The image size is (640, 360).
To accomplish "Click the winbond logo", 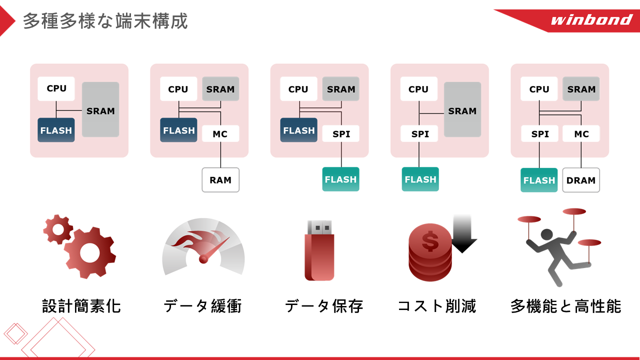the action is point(591,19).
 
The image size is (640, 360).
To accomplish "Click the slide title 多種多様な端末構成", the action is point(105,21).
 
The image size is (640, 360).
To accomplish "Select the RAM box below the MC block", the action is point(220,180).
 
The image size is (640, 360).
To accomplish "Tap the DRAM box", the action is point(581,180).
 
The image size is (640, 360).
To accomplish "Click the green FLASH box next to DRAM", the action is point(539,180).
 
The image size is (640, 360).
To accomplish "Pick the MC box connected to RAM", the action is point(220,133).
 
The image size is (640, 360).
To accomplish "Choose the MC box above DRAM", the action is point(581,133).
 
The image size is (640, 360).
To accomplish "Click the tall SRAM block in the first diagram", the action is point(100,109).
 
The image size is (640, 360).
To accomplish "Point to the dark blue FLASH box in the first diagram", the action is point(56,130).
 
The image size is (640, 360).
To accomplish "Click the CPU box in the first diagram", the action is point(56,88).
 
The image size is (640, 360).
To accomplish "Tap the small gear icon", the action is point(58,229).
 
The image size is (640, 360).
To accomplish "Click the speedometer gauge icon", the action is point(203,246).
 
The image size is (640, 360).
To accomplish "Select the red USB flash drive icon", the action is point(319,250).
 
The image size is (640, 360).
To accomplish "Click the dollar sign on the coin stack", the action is point(430,241).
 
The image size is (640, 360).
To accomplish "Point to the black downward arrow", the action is point(462,233).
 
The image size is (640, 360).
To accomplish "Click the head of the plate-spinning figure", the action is point(547,234).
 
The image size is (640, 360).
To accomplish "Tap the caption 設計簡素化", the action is point(81,306).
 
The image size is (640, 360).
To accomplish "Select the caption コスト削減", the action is point(437,306).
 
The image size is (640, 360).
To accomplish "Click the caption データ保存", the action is point(324,306).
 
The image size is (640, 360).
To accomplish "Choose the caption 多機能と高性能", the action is point(566,306).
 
